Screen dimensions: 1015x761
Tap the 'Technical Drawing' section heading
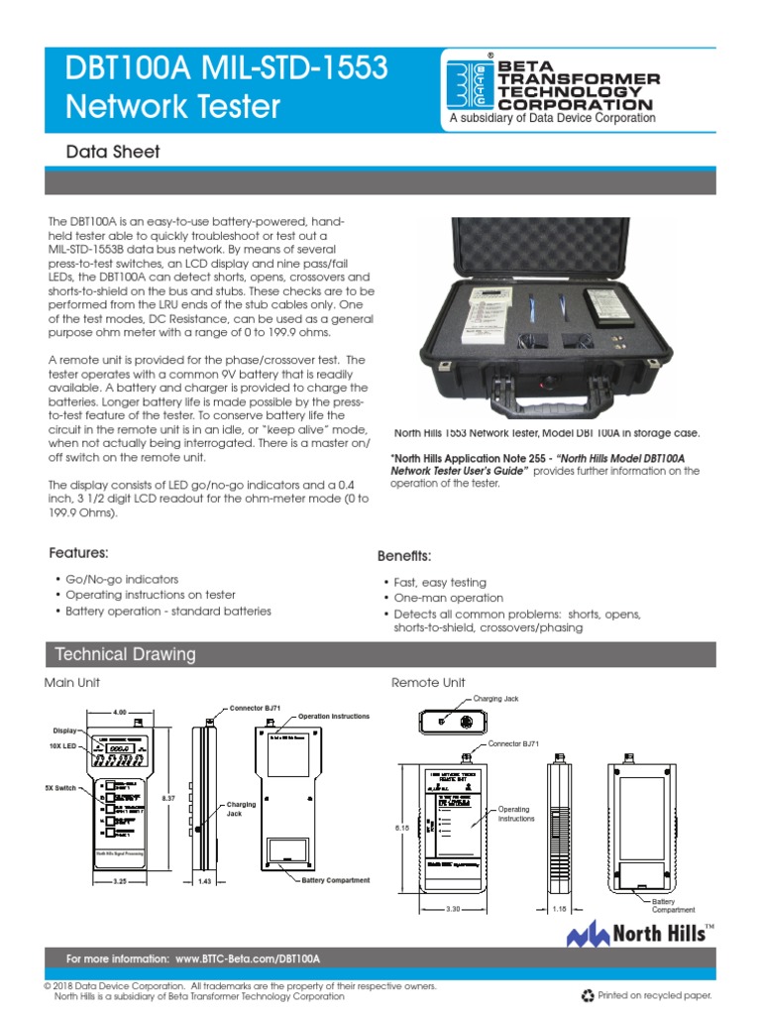pyautogui.click(x=126, y=654)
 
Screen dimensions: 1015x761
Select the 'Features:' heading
pyautogui.click(x=79, y=552)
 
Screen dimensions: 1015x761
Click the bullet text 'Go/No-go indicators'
pyautogui.click(x=122, y=578)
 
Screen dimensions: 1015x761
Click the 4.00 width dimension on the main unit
pyautogui.click(x=121, y=713)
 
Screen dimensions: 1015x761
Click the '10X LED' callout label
pyautogui.click(x=62, y=745)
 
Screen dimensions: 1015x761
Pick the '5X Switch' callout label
pyautogui.click(x=59, y=788)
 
